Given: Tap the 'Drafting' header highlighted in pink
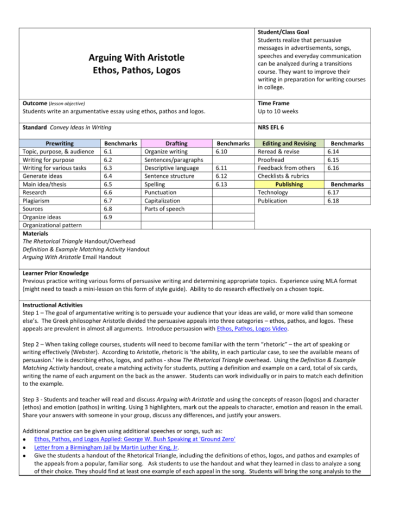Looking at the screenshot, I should tap(176, 143).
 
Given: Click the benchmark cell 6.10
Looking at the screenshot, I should tap(224, 152).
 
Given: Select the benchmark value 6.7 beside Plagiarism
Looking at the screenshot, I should tap(109, 201).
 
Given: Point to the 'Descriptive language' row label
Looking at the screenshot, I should tap(171, 168).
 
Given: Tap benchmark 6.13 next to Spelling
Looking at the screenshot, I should tap(224, 184).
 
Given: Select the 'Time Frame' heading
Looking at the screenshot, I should tap(274, 103).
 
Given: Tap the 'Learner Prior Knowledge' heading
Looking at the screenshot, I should tap(56, 273).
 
